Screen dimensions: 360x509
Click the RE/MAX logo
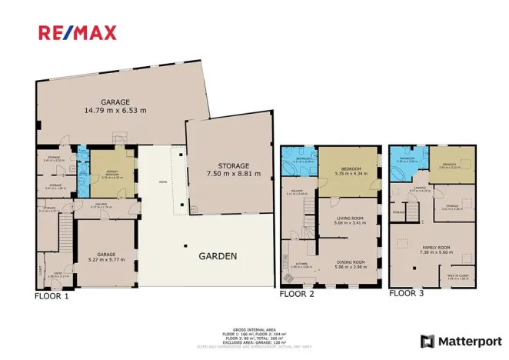(x=78, y=32)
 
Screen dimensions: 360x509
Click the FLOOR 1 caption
(x=52, y=295)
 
